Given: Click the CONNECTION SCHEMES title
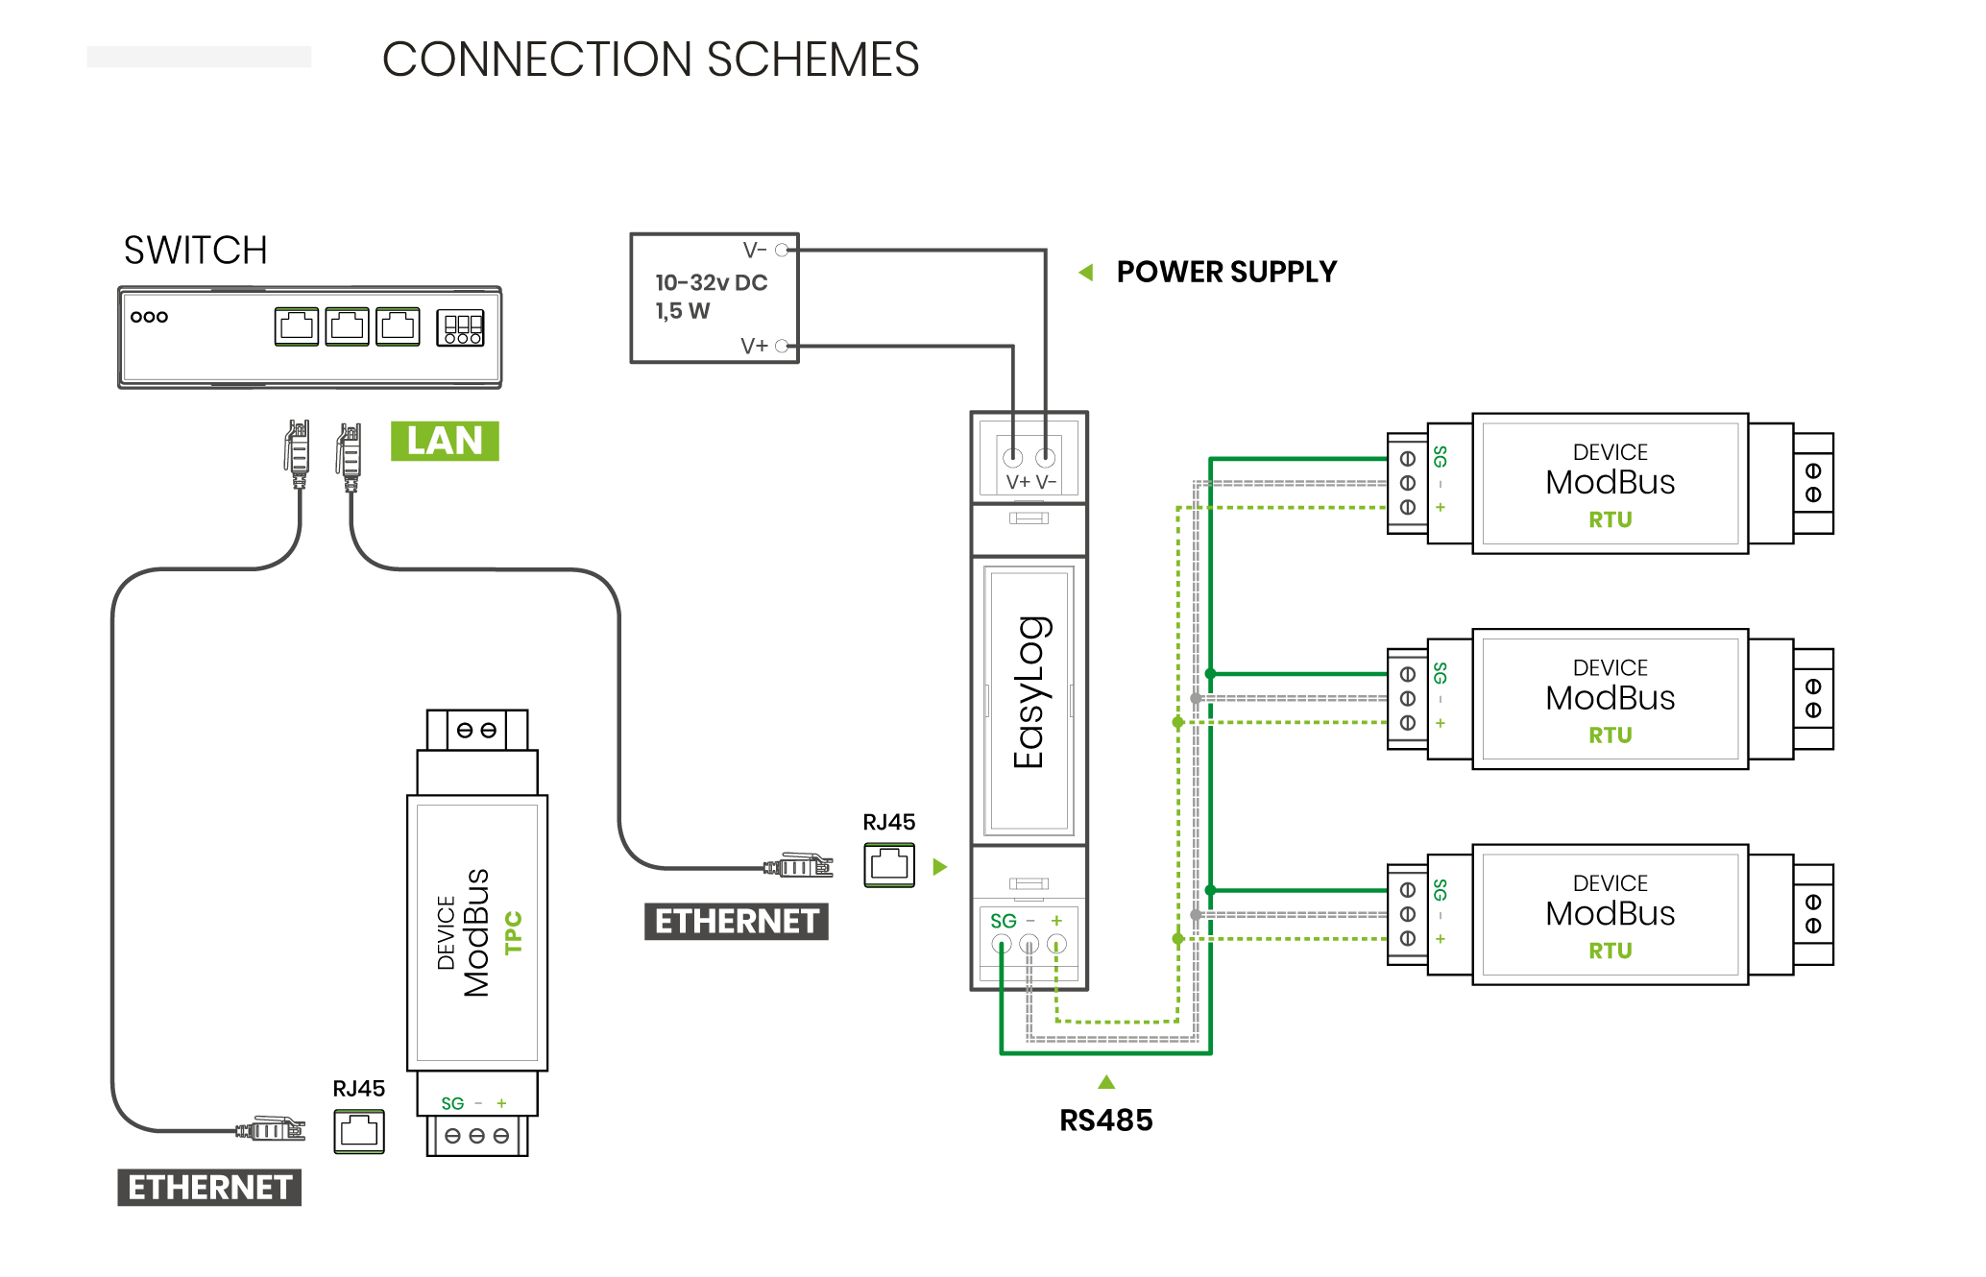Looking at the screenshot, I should [x=650, y=60].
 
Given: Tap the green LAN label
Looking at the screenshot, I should [x=445, y=441].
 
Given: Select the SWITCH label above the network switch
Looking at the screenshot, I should [x=195, y=251].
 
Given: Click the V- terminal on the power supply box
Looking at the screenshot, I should [x=782, y=250].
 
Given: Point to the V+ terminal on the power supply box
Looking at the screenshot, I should [x=782, y=346].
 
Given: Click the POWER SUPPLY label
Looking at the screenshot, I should [x=1226, y=272].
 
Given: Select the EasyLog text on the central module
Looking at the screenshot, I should [x=1030, y=691].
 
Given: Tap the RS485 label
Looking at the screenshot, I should [x=1105, y=1120].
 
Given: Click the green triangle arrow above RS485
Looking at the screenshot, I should [x=1106, y=1082].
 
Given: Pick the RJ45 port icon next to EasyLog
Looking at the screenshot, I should [x=889, y=865].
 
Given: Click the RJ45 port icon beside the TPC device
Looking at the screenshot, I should [x=359, y=1131].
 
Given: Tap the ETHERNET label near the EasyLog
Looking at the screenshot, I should [x=737, y=922].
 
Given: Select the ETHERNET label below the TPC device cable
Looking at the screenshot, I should [x=209, y=1188].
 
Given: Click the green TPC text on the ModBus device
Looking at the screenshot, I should [x=514, y=932].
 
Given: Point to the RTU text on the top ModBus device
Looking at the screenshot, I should [x=1610, y=519].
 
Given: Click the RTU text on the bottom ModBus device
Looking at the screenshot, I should [x=1610, y=951].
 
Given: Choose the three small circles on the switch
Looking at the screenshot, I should [x=149, y=317].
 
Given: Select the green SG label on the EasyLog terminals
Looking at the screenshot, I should [x=1003, y=921].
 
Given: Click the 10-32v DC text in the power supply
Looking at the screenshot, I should [x=711, y=282].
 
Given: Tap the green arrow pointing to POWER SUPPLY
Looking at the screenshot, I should [x=1086, y=273].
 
